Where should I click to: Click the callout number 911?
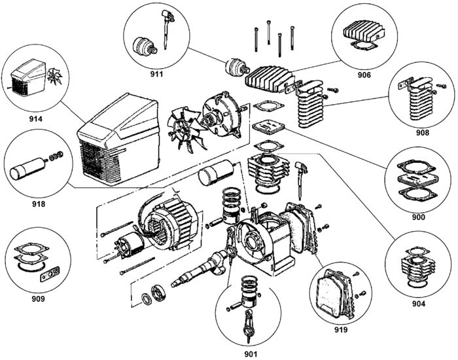[156, 74]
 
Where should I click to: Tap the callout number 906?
[364, 75]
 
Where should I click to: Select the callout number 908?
[423, 133]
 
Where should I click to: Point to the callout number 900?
[419, 217]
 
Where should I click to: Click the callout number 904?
[419, 304]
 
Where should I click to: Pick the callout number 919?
[341, 330]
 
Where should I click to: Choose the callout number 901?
[251, 355]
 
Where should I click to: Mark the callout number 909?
[38, 299]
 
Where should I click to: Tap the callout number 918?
[39, 204]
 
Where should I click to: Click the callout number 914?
[35, 119]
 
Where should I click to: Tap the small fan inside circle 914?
[54, 76]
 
